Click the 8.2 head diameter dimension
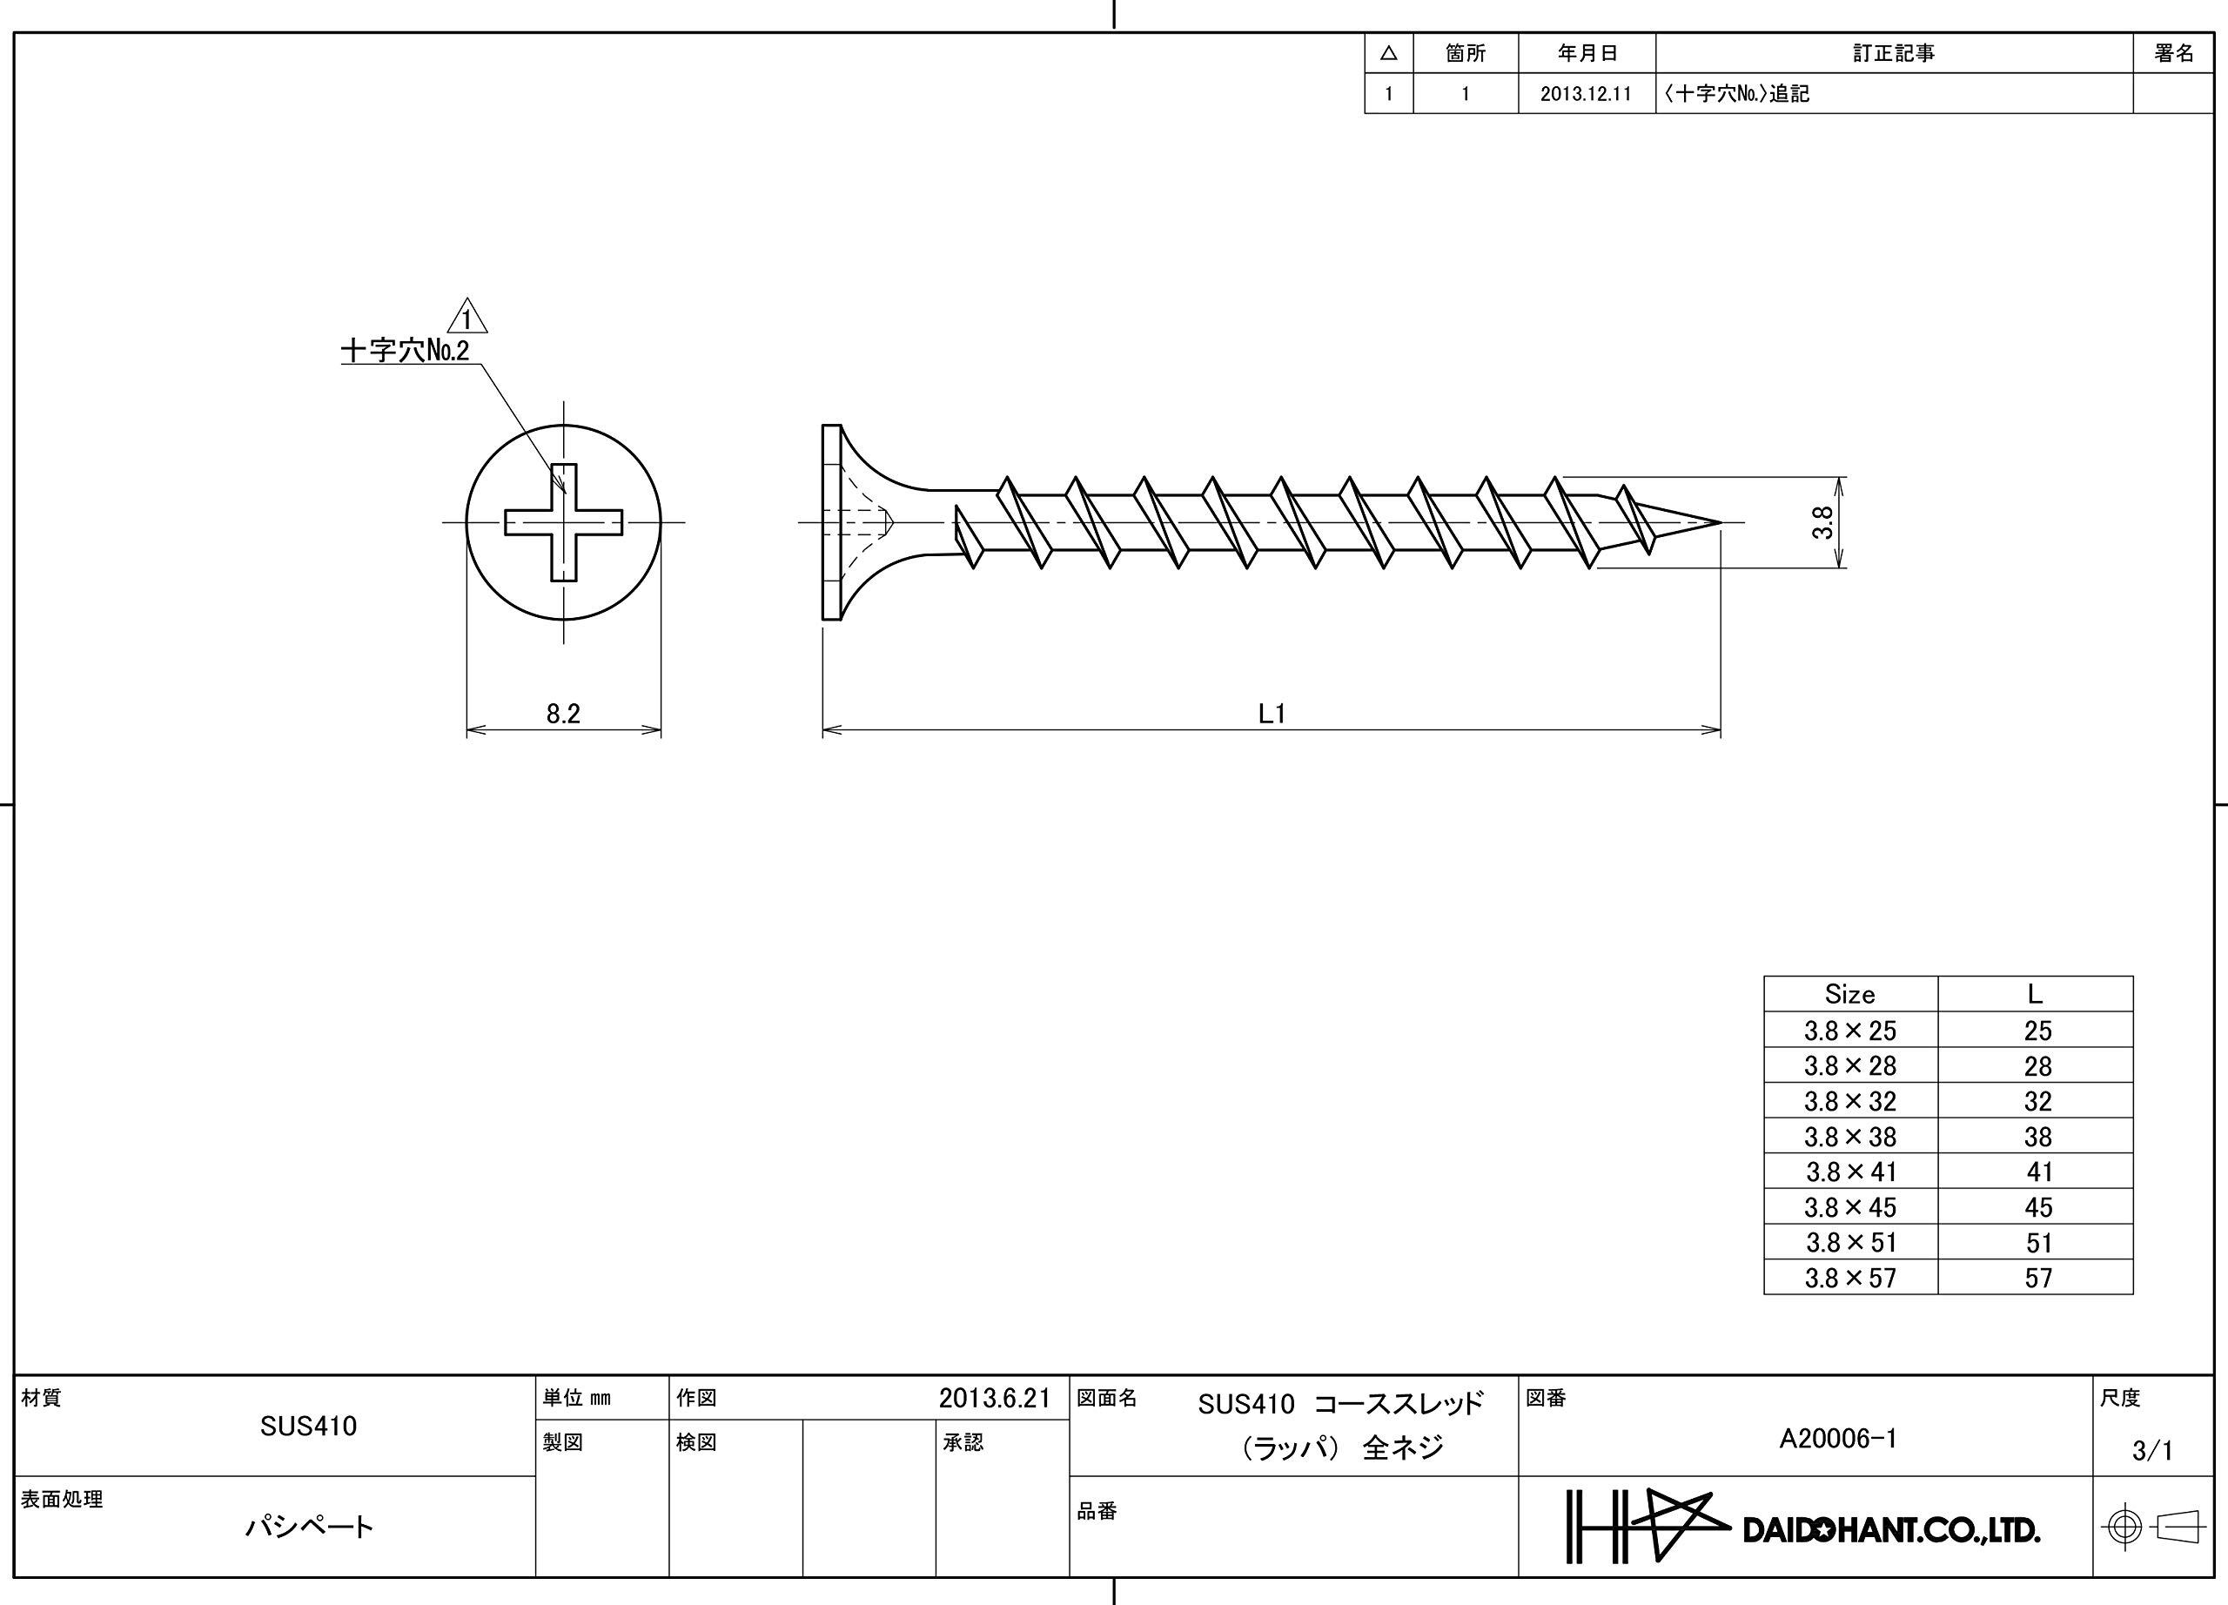563,713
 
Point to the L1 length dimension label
1272,713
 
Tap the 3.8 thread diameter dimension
1822,521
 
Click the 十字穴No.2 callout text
405,351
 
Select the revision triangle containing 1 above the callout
466,319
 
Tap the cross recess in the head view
563,522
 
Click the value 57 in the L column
2038,1278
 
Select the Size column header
1849,994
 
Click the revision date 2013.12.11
1586,94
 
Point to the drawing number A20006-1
1838,1439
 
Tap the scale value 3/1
2151,1450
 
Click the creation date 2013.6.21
994,1398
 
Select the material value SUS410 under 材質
308,1427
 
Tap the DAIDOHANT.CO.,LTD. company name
1891,1530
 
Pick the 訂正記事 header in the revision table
1893,53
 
